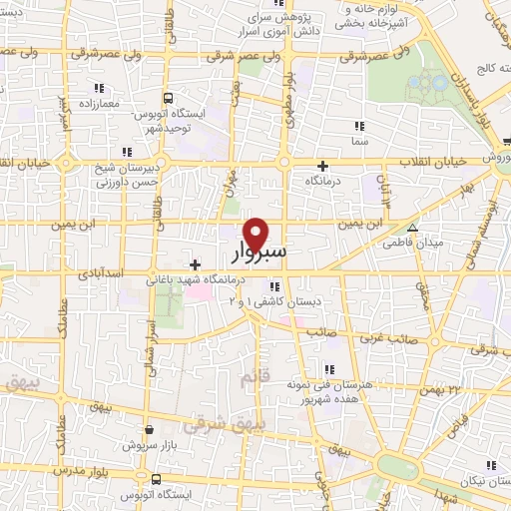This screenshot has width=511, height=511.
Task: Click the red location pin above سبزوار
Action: (256, 234)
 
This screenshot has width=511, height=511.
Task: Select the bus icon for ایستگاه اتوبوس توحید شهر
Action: (168, 98)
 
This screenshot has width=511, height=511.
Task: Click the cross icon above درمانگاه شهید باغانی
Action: (195, 264)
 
